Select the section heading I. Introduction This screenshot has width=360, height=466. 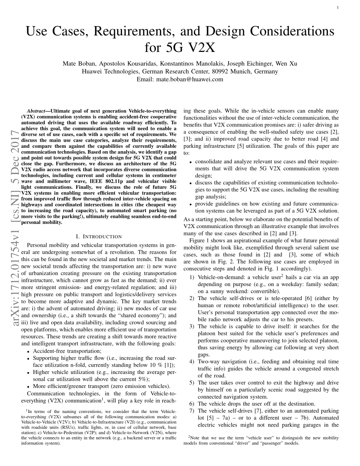point(99,236)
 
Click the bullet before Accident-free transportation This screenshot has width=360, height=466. point(29,352)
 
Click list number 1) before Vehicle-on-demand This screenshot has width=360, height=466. point(192,277)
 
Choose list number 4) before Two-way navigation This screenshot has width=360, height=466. point(192,362)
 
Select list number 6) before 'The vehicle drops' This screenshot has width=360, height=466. point(192,404)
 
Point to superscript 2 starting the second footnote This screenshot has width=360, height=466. point(189,436)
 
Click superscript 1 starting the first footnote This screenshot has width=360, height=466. point(27,410)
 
